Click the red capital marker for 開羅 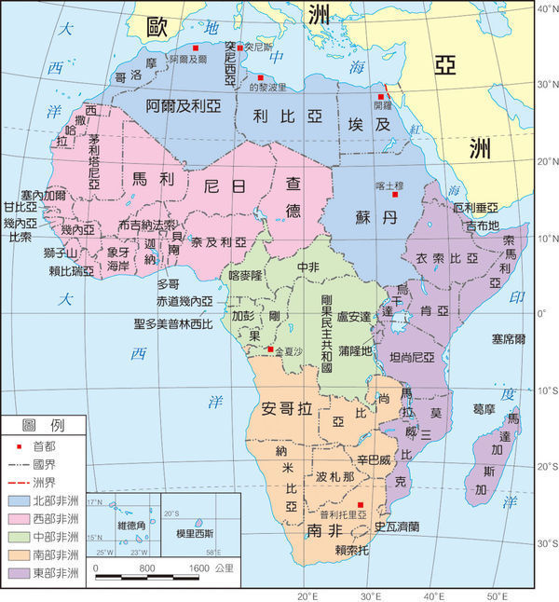[380, 97]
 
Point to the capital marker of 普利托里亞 [361, 504]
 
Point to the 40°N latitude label [546, 8]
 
